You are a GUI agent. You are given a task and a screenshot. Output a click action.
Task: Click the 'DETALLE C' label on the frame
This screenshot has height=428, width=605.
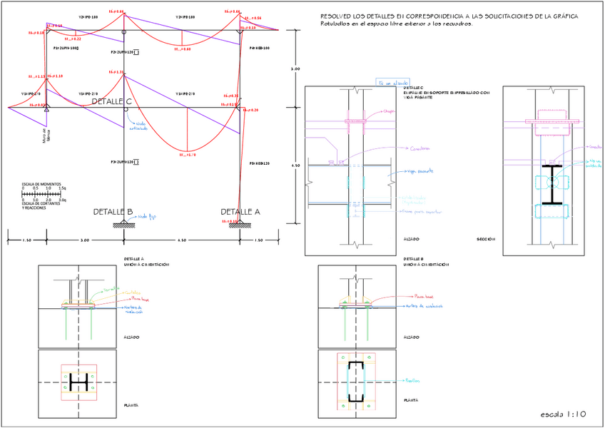[x=111, y=102]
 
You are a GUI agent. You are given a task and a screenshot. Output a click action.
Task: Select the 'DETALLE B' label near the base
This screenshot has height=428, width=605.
[x=113, y=212]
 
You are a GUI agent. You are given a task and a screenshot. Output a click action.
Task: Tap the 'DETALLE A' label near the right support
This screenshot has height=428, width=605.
[x=240, y=212]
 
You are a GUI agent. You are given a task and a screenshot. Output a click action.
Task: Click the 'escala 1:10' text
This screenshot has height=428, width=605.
[x=563, y=414]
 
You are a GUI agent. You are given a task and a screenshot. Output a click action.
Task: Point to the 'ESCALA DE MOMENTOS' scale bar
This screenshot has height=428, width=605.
[x=44, y=193]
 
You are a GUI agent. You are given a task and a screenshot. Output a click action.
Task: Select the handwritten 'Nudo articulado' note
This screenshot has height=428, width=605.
[x=138, y=127]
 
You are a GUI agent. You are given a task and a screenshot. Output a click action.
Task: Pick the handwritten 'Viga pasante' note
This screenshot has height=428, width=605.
[x=418, y=171]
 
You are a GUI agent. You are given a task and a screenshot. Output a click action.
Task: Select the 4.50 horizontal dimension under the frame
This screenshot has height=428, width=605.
[x=181, y=240]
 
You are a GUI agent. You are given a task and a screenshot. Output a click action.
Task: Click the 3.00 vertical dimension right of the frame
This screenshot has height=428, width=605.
[x=295, y=69]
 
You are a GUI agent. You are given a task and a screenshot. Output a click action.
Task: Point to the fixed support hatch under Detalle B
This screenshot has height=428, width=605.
[x=125, y=226]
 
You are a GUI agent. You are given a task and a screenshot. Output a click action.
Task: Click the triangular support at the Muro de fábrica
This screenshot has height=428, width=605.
[x=46, y=106]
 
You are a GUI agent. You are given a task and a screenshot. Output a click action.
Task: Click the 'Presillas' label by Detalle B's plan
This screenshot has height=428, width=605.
[x=412, y=380]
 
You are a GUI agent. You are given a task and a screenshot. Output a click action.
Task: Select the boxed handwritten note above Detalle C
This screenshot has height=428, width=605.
[x=392, y=83]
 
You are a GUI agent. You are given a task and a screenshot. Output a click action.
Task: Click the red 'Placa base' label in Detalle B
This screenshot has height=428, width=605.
[x=424, y=295]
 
